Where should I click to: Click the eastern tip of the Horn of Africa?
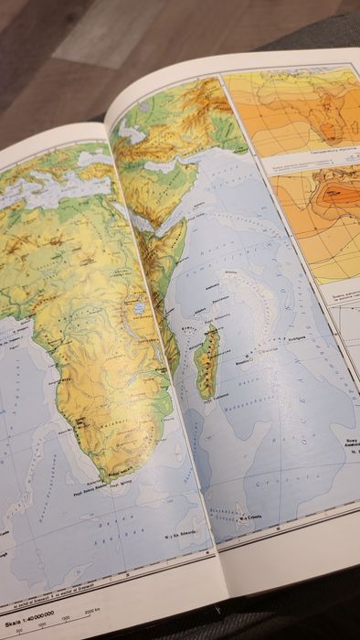pos(187,224)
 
